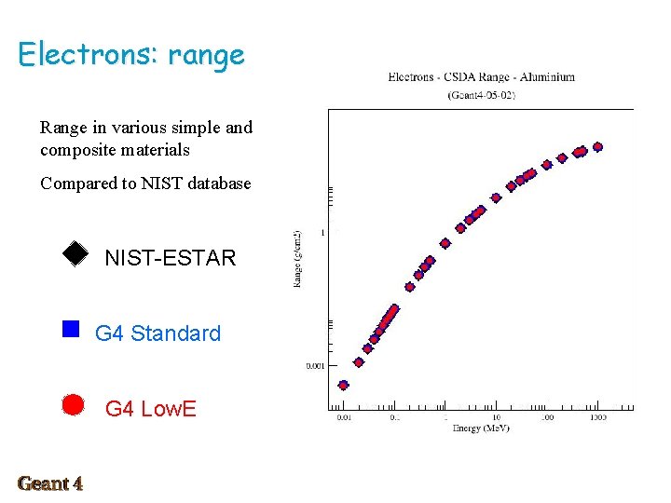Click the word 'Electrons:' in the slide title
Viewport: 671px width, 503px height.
[x=89, y=54]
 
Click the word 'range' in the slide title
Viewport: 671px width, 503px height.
[x=206, y=56]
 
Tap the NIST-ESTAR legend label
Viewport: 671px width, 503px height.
[x=170, y=258]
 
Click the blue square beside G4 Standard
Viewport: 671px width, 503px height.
[x=70, y=328]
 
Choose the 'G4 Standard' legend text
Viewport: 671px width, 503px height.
[x=157, y=333]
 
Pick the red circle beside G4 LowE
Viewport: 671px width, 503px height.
[x=73, y=404]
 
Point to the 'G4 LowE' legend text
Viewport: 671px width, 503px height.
[x=150, y=409]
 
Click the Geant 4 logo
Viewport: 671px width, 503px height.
[x=50, y=483]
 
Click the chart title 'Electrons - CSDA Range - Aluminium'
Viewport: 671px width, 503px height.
[x=481, y=77]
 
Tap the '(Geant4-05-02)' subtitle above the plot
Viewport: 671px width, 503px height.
[x=481, y=95]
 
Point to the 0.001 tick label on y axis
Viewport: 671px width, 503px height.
[x=315, y=366]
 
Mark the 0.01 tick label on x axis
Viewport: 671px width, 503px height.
[x=343, y=417]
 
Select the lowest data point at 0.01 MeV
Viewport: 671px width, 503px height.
[x=343, y=385]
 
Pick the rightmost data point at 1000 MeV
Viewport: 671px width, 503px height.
[x=597, y=147]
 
